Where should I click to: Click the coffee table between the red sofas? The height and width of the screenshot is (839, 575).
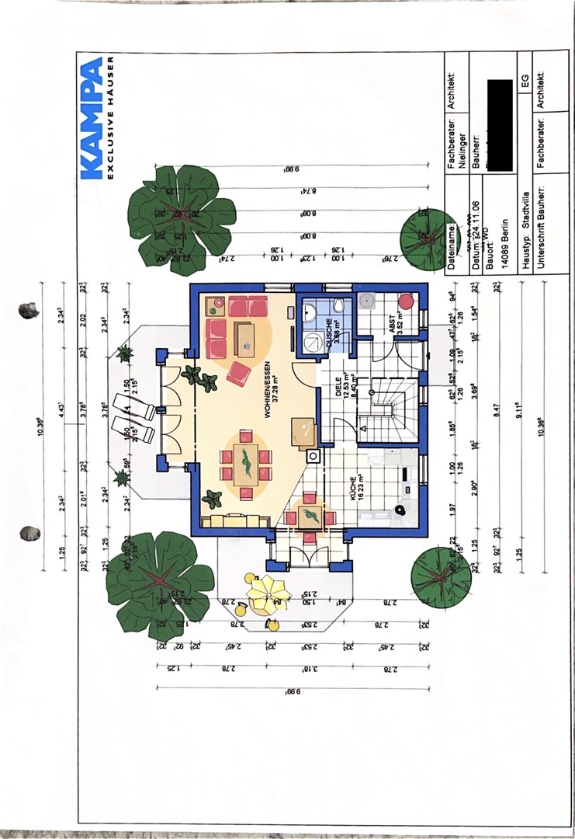click(x=245, y=339)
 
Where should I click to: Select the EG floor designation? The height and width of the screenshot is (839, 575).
click(x=525, y=81)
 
